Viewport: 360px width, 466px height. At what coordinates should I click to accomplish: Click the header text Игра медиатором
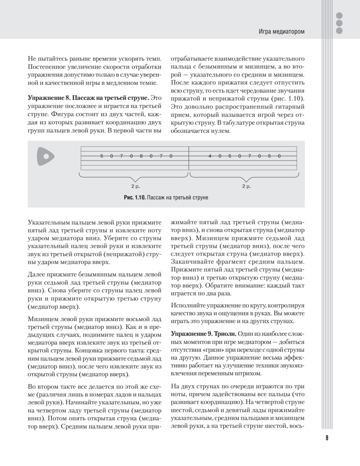[x=282, y=31]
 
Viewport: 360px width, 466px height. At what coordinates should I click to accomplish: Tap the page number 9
[x=327, y=438]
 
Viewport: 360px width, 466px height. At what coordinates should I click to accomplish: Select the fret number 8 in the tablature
[x=141, y=156]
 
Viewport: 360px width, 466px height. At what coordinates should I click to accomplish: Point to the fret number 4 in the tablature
[x=210, y=156]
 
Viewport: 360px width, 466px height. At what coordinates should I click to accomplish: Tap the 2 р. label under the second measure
[x=246, y=186]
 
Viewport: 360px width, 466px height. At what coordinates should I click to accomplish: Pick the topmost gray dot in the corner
[x=339, y=16]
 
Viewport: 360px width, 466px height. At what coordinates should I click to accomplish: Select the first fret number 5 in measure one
[x=102, y=156]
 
